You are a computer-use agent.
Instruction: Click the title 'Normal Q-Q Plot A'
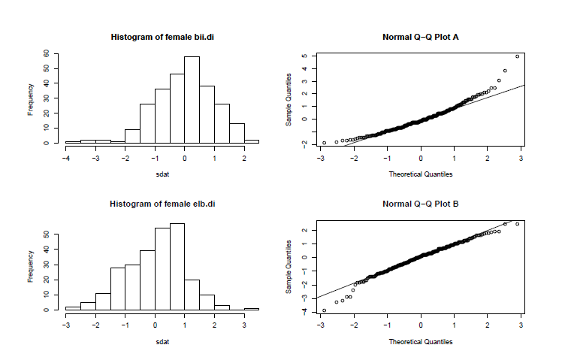pyautogui.click(x=421, y=37)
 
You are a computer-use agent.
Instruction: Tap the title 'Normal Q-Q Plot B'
pyautogui.click(x=421, y=204)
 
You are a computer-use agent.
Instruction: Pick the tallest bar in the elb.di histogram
pyautogui.click(x=177, y=266)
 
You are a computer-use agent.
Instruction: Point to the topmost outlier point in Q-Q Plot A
pyautogui.click(x=517, y=56)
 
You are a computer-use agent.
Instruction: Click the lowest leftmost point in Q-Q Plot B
pyautogui.click(x=324, y=310)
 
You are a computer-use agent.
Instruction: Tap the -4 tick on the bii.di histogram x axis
pyautogui.click(x=66, y=159)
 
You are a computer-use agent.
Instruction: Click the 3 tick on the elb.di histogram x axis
pyautogui.click(x=243, y=326)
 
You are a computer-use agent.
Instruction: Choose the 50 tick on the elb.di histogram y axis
pyautogui.click(x=47, y=234)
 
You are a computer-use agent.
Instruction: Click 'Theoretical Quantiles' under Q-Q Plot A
pyautogui.click(x=421, y=174)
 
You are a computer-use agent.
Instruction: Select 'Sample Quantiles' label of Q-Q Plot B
pyautogui.click(x=289, y=268)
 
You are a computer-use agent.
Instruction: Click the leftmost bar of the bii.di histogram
pyautogui.click(x=73, y=141)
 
